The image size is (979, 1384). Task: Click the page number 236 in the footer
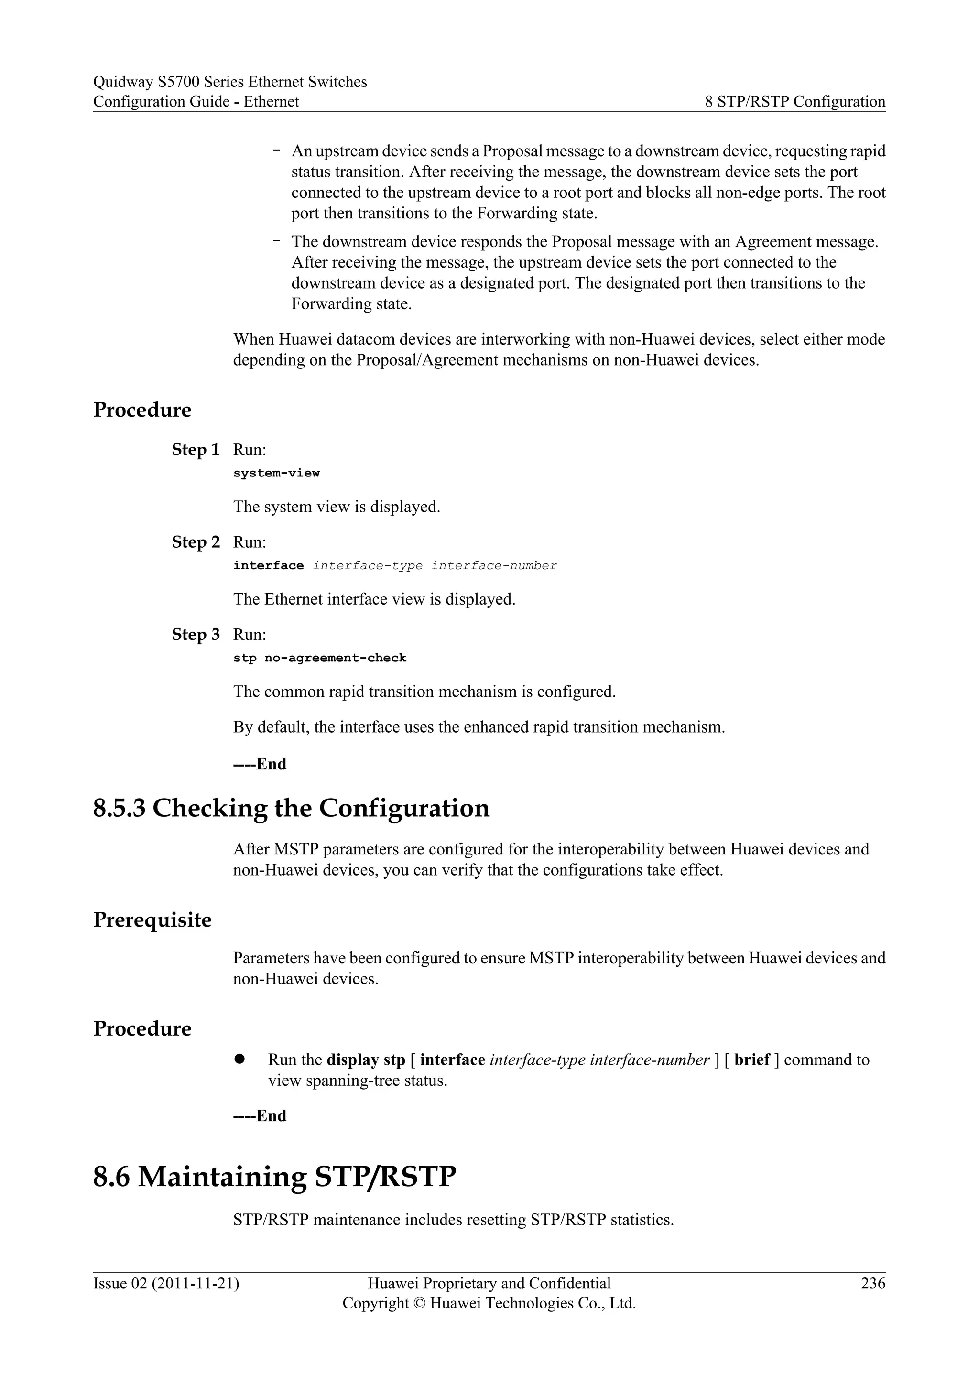pyautogui.click(x=873, y=1283)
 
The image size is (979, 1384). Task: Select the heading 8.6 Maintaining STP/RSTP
pyautogui.click(x=274, y=1176)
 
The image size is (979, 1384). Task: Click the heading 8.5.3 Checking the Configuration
pyautogui.click(x=291, y=808)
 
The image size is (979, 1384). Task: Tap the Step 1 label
pyautogui.click(x=196, y=450)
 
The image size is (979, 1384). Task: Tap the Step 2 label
pyautogui.click(x=196, y=542)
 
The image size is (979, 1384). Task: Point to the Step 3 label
pyautogui.click(x=196, y=634)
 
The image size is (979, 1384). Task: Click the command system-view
pyautogui.click(x=276, y=473)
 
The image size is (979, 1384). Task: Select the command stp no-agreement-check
pyautogui.click(x=319, y=658)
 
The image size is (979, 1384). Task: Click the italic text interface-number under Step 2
pyautogui.click(x=494, y=565)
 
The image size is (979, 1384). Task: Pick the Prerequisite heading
pyautogui.click(x=152, y=920)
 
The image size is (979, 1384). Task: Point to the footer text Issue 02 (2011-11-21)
pyautogui.click(x=166, y=1283)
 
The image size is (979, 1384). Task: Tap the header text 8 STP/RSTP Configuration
pyautogui.click(x=795, y=101)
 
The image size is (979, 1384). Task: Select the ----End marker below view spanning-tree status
pyautogui.click(x=260, y=1116)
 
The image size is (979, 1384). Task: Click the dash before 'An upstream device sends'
pyautogui.click(x=277, y=150)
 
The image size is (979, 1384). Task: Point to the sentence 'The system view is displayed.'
pyautogui.click(x=337, y=507)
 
